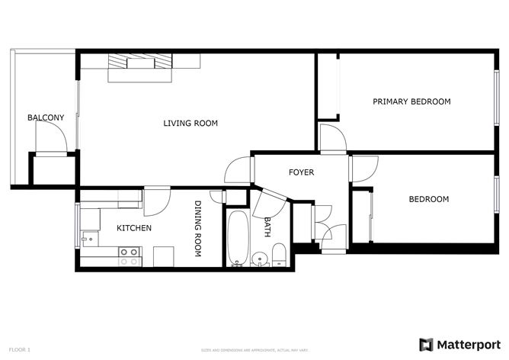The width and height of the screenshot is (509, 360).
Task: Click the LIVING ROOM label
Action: pos(190,123)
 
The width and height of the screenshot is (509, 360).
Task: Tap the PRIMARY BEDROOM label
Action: pos(411,101)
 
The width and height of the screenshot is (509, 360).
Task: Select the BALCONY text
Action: pos(46,117)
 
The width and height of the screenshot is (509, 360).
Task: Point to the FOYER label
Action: pos(301,172)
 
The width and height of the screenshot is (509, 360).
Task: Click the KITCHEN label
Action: pos(133,228)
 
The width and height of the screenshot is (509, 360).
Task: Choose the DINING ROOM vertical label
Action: pos(197,229)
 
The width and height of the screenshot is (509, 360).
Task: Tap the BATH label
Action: pos(267,227)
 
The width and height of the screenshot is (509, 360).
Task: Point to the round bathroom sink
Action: pos(260,257)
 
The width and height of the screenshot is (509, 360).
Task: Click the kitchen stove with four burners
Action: pos(129,256)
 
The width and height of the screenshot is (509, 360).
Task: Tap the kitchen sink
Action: pos(90,237)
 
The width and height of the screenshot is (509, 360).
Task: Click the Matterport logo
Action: pos(459,344)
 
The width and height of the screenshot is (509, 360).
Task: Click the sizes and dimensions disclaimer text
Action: pos(254,350)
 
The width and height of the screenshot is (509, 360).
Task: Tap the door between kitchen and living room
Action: pos(156,200)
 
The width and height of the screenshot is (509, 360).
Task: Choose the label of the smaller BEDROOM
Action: pos(428,200)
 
